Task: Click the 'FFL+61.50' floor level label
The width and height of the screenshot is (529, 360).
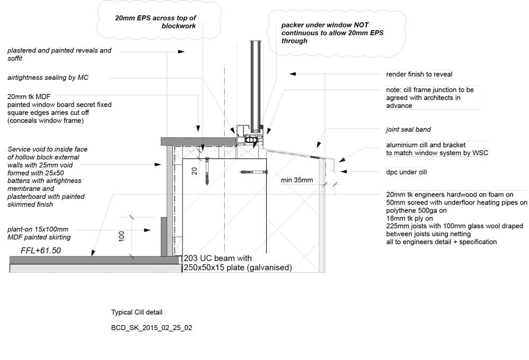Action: (x=41, y=251)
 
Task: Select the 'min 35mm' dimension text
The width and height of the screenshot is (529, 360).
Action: (x=297, y=180)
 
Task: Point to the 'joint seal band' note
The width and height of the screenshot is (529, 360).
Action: (x=408, y=130)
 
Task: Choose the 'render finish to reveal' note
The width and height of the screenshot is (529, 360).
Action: (x=419, y=74)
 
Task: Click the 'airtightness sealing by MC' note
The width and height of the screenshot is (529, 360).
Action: (x=48, y=78)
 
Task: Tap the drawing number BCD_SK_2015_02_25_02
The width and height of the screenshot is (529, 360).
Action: (x=151, y=328)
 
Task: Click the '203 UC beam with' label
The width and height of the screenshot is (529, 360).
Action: (x=217, y=259)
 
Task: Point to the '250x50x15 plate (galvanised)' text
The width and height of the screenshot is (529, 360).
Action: (x=238, y=268)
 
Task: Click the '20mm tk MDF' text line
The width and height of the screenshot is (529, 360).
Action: (x=29, y=97)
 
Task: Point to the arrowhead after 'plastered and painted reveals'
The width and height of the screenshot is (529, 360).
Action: (x=181, y=52)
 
